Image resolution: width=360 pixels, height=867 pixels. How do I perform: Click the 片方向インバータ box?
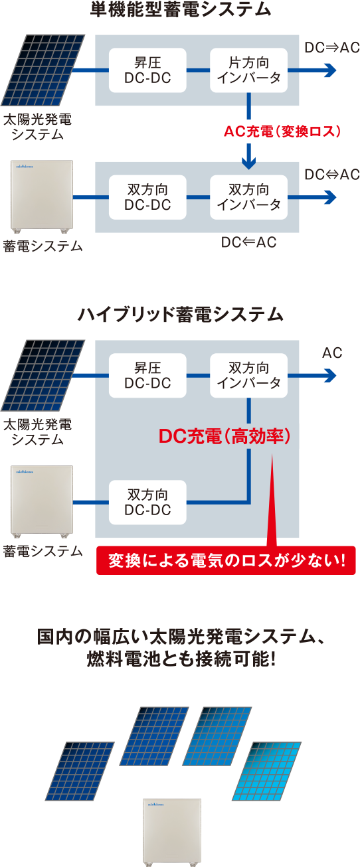click(249, 70)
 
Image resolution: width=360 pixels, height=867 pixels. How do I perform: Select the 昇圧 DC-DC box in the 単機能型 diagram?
click(147, 70)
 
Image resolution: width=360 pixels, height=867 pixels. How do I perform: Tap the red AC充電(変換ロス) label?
click(283, 131)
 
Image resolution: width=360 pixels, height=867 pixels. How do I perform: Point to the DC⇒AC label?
click(331, 48)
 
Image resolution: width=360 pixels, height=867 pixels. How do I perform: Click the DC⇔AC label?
click(331, 175)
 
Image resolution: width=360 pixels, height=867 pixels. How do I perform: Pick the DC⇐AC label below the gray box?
click(248, 243)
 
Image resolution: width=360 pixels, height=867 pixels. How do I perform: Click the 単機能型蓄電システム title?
click(180, 10)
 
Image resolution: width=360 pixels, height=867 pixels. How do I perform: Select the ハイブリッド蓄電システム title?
click(180, 315)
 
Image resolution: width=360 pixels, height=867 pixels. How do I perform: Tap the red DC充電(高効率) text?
click(225, 437)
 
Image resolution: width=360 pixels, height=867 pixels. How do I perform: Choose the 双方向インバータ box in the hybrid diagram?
click(249, 376)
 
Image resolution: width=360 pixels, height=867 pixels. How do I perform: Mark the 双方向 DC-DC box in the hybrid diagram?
click(147, 502)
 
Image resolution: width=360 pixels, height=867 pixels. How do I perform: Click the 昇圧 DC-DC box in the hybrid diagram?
click(147, 376)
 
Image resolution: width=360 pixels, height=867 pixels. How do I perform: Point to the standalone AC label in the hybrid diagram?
click(331, 353)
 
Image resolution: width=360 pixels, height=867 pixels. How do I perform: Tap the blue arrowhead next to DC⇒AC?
click(329, 70)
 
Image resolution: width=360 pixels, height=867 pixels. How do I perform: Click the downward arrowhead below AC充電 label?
click(249, 161)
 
